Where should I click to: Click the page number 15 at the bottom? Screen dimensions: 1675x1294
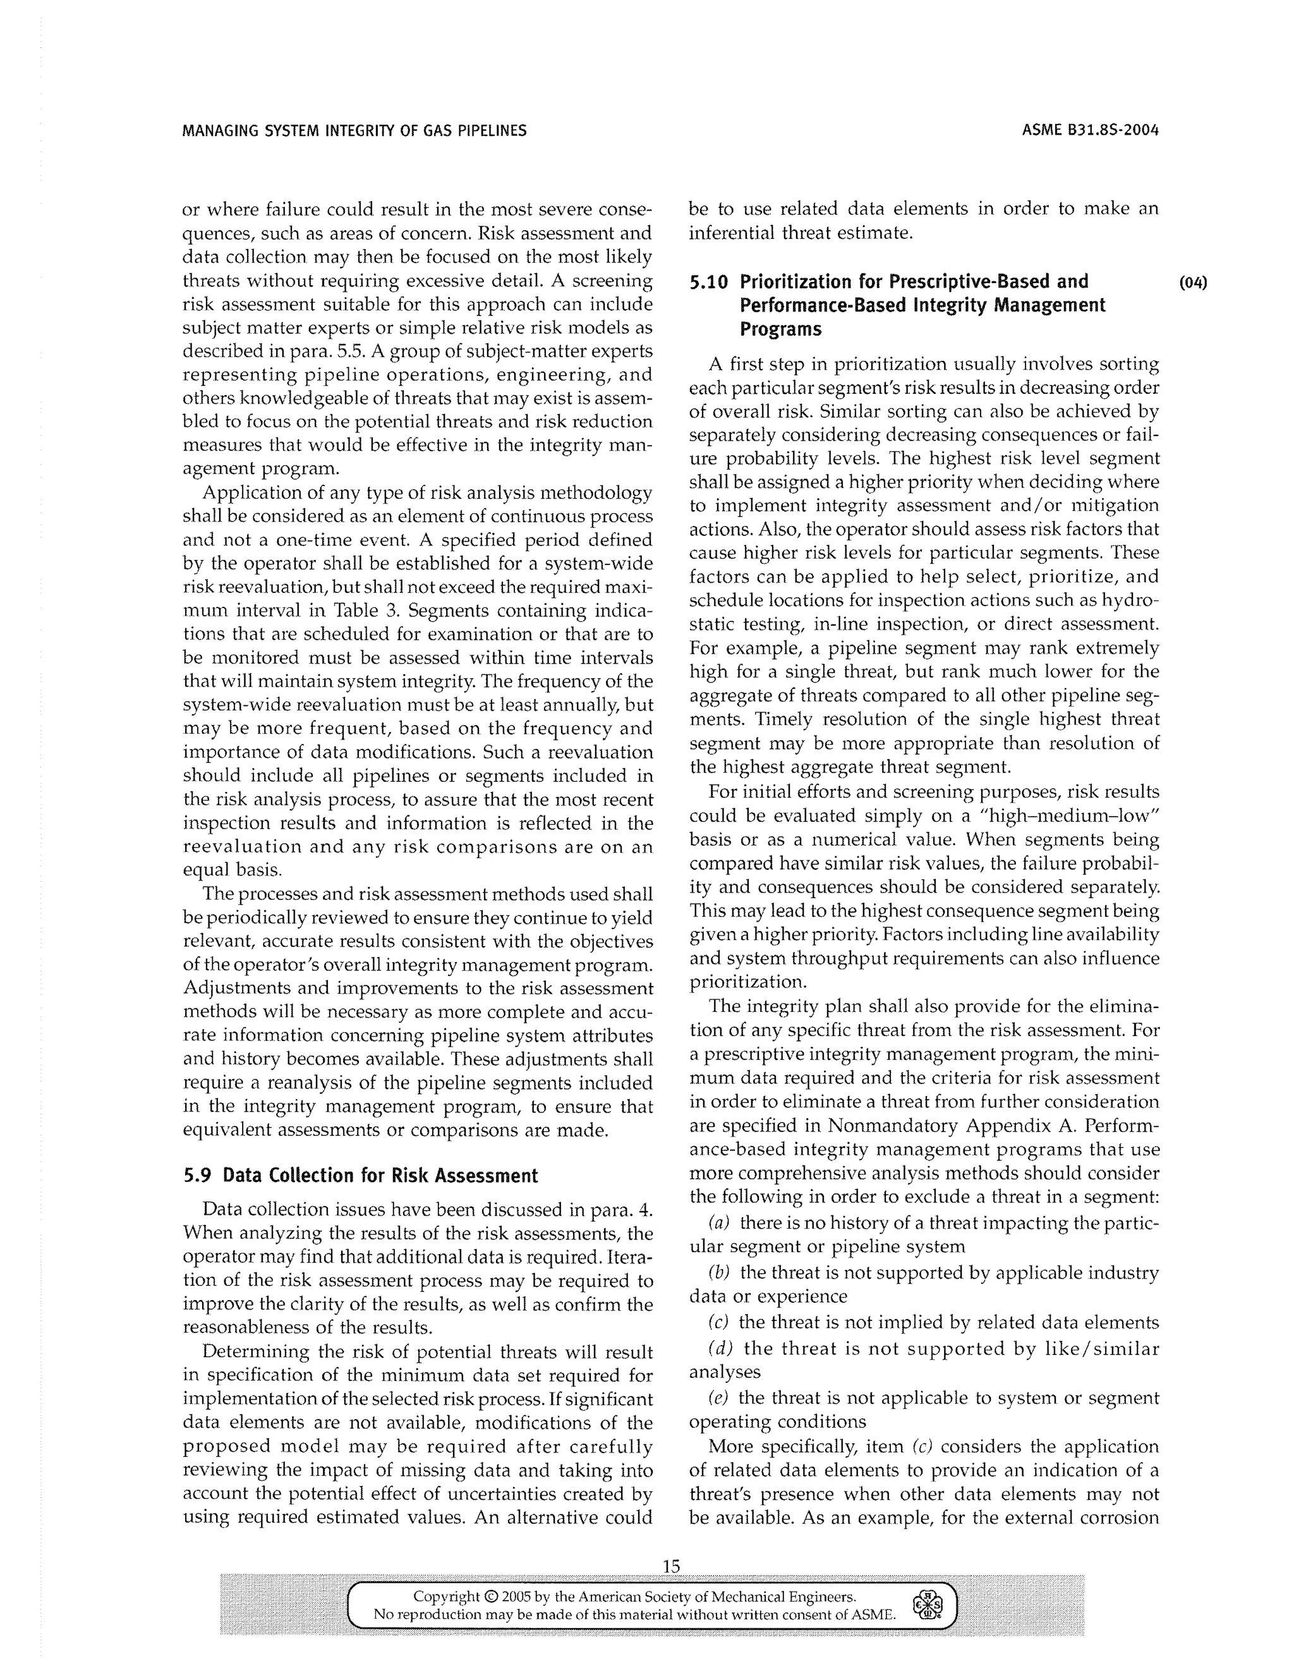click(x=671, y=1566)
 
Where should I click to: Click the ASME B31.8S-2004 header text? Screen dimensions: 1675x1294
click(x=1090, y=130)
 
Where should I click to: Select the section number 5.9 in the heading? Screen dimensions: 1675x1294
click(x=197, y=1176)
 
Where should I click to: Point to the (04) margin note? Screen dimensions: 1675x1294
click(x=1193, y=283)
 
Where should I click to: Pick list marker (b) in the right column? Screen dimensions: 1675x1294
click(x=718, y=1272)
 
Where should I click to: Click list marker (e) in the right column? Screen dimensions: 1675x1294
click(x=718, y=1398)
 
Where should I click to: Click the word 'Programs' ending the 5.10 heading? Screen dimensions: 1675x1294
click(x=780, y=330)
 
